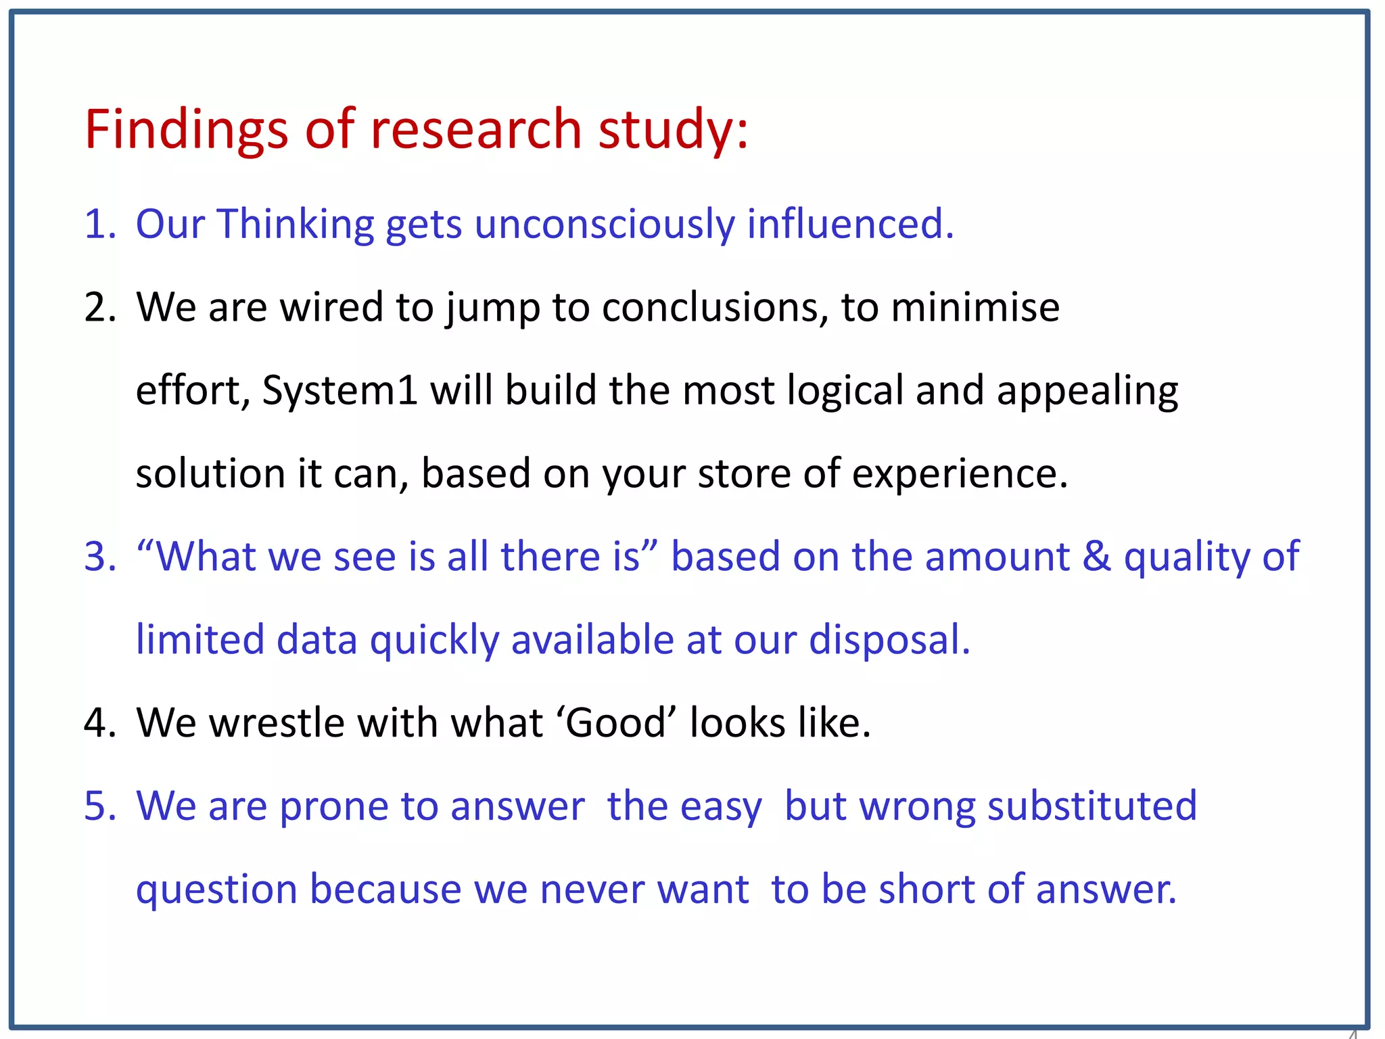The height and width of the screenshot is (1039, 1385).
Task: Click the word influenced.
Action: point(849,224)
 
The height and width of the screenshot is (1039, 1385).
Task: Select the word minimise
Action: point(975,307)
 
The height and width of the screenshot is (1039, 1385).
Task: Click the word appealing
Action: point(1087,391)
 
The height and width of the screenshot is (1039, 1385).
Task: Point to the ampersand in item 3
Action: point(1096,557)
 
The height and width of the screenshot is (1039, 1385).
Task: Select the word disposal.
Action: point(889,640)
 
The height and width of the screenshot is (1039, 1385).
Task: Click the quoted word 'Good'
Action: point(616,723)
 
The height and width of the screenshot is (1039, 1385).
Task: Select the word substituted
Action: point(1091,806)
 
